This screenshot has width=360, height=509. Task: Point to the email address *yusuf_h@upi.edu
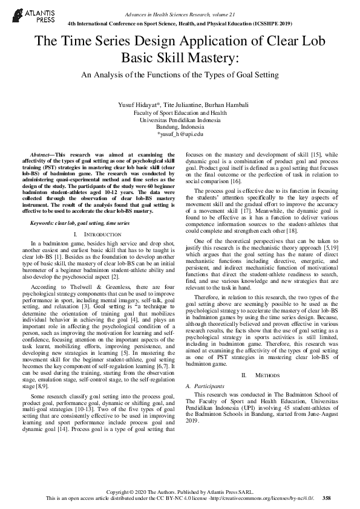pos(180,134)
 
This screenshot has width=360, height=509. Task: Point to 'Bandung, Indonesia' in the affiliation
pos(180,126)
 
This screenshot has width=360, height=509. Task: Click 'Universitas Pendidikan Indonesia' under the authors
pos(180,120)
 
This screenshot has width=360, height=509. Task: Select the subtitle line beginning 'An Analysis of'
pos(180,75)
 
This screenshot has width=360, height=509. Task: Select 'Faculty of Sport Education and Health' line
pos(180,112)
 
